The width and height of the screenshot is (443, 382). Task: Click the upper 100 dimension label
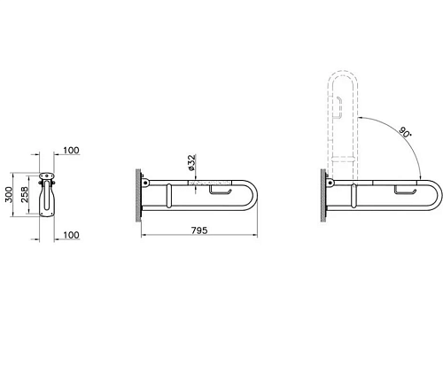coord(71,151)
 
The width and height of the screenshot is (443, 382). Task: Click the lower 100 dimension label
coord(71,235)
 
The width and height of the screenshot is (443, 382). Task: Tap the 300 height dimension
coord(9,194)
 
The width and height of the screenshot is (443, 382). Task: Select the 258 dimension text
coord(25,194)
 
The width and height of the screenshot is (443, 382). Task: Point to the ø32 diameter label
coord(191,162)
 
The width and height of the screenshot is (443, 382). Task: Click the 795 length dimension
coord(199,230)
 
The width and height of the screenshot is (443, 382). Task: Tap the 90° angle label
coord(405,132)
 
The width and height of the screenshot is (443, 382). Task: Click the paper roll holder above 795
coord(221,191)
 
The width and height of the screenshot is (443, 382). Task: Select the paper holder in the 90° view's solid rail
coord(406,191)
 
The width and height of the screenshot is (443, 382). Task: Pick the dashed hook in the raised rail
coord(339,108)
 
